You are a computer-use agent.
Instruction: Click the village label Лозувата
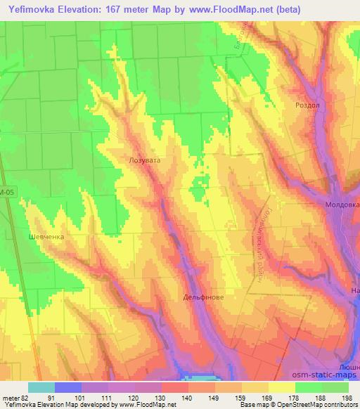tap(145, 160)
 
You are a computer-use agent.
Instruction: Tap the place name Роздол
tap(308, 105)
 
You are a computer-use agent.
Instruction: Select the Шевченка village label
tap(46, 237)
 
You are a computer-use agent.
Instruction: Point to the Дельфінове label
tap(204, 297)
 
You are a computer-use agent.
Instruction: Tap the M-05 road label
tap(7, 190)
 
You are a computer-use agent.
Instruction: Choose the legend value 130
tap(161, 397)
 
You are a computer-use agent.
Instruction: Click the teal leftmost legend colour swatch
tap(41, 387)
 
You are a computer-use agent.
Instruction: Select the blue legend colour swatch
tap(67, 387)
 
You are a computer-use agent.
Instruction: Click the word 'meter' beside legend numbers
tap(10, 397)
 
